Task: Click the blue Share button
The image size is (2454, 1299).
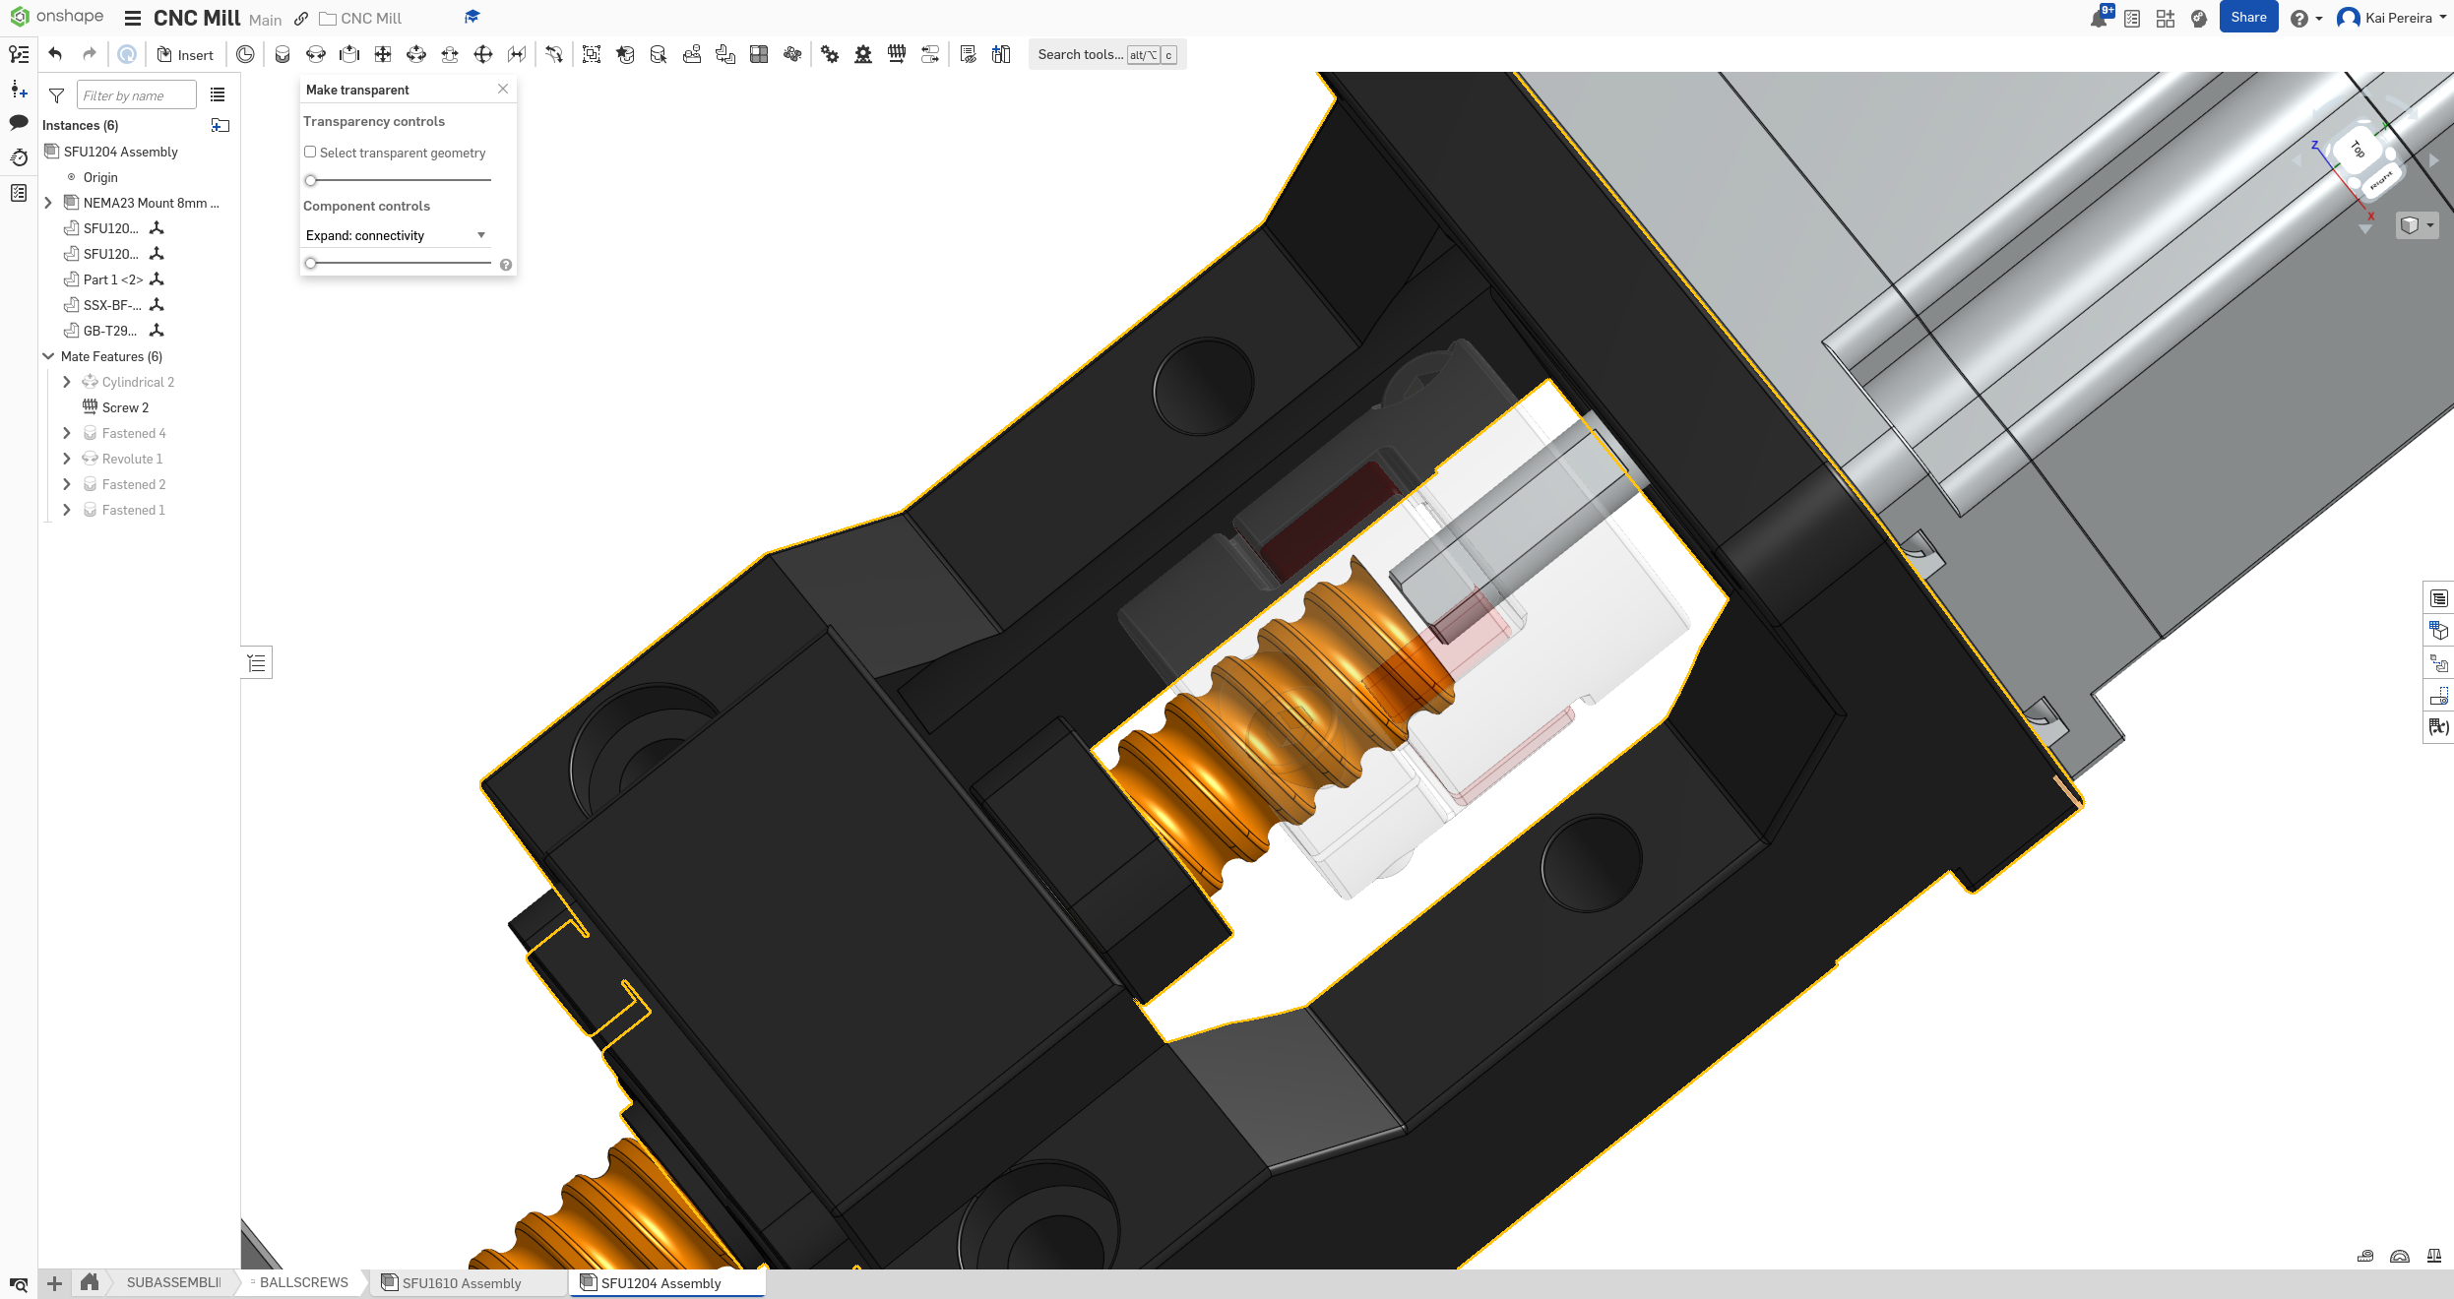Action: [x=2247, y=18]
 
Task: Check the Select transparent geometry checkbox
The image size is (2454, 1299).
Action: [x=310, y=152]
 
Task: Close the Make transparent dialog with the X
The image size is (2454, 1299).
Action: [x=503, y=89]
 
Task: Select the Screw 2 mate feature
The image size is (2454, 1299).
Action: [x=125, y=407]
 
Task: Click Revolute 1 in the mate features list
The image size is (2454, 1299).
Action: [x=132, y=459]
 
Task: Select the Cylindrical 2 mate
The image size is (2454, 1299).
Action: [x=138, y=382]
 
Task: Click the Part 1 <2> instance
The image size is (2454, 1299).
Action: [x=112, y=279]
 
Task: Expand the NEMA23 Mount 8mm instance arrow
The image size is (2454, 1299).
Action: [x=48, y=203]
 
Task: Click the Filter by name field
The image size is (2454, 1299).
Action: [x=136, y=95]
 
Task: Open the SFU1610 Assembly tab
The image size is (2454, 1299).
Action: [x=461, y=1283]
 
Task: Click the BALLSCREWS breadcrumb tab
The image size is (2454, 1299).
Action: [x=303, y=1282]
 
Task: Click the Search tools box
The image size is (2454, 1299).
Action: [x=1080, y=55]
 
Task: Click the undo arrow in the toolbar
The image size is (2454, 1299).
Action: [x=55, y=55]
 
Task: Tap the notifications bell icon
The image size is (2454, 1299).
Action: [x=2098, y=19]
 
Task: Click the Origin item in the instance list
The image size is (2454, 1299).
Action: [x=99, y=177]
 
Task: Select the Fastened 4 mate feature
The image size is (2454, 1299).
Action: [x=134, y=433]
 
